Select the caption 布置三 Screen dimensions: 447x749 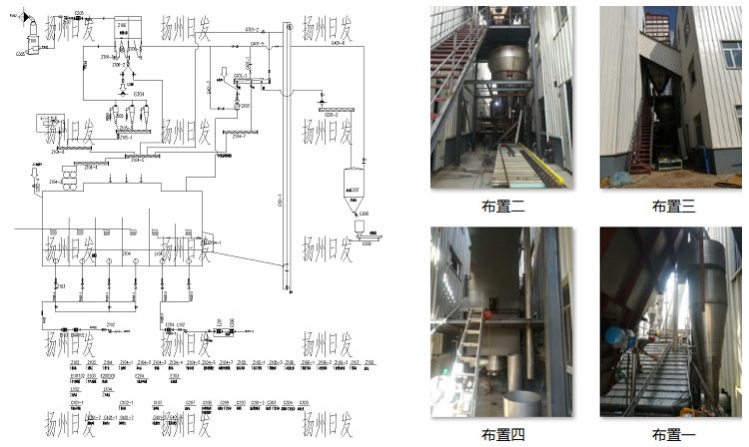coord(673,207)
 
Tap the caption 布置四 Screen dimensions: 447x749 coord(503,434)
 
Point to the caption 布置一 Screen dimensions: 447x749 coord(673,434)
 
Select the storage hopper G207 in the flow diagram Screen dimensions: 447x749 coord(355,185)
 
